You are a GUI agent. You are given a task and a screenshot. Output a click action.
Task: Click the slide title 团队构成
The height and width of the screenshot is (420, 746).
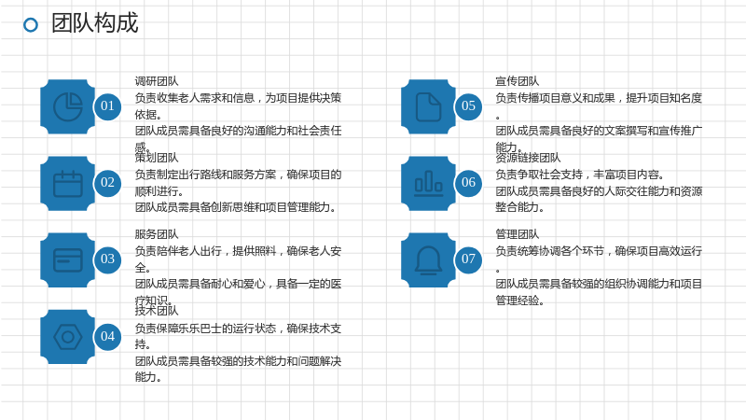point(95,22)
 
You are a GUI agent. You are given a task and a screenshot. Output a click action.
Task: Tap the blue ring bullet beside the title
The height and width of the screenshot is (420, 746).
point(31,25)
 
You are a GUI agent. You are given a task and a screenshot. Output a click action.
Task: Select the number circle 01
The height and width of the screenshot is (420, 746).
point(107,105)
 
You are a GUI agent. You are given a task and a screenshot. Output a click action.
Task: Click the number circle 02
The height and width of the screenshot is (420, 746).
point(107,182)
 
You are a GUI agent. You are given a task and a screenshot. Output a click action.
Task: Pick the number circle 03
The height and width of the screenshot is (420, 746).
point(107,259)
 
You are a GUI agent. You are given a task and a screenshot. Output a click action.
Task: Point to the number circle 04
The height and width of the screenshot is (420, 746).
point(107,336)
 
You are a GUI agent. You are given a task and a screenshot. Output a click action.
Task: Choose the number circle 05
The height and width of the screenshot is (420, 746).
point(469,105)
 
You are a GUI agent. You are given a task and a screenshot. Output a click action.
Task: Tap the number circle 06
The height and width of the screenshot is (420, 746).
point(469,182)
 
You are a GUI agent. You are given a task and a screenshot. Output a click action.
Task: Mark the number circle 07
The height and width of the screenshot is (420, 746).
point(469,259)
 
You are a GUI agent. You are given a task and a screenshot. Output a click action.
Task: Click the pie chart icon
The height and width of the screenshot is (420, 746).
point(68,106)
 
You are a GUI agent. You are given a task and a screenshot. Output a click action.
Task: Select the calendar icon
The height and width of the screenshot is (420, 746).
point(68,183)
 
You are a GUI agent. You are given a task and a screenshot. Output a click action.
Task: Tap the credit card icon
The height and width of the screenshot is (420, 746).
point(68,260)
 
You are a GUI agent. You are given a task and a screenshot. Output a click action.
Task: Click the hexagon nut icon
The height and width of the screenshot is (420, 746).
point(68,337)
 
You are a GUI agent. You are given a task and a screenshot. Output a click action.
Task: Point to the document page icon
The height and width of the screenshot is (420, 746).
point(429,106)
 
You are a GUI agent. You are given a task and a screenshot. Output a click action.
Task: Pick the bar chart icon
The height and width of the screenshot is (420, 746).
point(429,183)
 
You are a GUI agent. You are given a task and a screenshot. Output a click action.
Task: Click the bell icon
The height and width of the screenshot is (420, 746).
point(429,260)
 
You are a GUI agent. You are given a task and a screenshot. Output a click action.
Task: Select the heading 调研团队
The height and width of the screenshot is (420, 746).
point(157,81)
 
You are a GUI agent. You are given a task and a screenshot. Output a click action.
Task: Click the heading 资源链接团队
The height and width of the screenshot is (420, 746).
point(528,158)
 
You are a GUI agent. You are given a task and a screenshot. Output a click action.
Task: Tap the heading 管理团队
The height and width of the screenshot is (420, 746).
point(518,234)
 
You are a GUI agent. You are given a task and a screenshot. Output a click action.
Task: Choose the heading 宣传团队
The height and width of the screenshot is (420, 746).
point(518,81)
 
